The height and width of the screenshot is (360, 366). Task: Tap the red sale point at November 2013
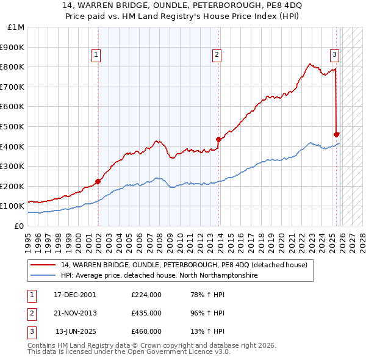click(218, 139)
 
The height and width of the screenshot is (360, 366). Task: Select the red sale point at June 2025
click(336, 134)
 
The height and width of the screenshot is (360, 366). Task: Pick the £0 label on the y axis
click(19, 226)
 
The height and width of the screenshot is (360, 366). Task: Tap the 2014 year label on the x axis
click(221, 239)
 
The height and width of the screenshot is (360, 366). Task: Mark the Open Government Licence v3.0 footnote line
click(129, 352)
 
